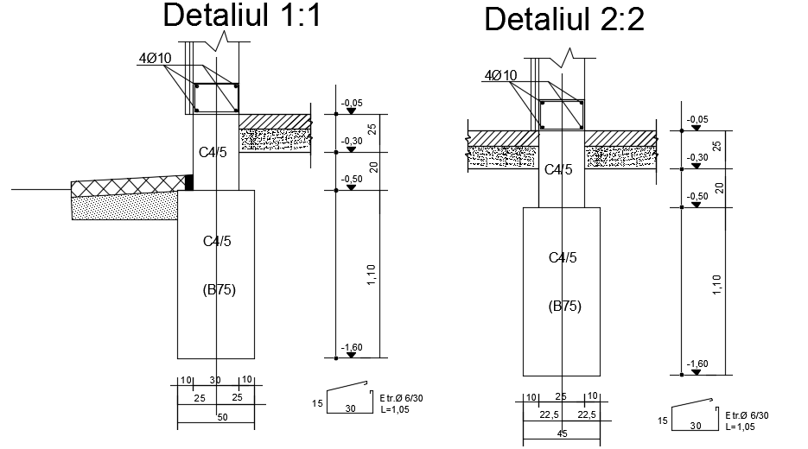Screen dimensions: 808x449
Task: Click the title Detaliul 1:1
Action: click(242, 15)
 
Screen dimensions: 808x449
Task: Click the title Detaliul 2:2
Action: click(564, 20)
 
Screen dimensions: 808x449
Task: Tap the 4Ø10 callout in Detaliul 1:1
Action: click(155, 58)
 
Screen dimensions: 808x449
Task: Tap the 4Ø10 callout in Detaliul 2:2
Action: click(500, 76)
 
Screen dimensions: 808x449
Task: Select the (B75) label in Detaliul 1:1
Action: click(219, 290)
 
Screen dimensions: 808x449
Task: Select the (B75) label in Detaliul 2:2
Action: click(565, 307)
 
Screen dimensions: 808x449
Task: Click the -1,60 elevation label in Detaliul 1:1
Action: click(352, 348)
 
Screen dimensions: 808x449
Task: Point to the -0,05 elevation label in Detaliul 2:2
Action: click(697, 119)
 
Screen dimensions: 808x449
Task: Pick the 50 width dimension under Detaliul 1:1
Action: click(222, 417)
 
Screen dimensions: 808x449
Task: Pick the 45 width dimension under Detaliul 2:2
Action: click(563, 433)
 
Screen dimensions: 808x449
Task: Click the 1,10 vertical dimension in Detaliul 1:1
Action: click(371, 275)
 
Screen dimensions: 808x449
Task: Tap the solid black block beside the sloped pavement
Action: click(189, 182)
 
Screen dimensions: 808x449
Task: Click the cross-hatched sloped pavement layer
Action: click(128, 187)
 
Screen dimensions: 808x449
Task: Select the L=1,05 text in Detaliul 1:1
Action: click(395, 410)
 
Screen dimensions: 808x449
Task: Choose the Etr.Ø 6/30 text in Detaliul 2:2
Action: click(747, 415)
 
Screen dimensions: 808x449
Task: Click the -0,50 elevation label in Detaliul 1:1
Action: click(352, 180)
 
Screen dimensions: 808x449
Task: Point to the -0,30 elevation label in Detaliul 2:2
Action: click(697, 157)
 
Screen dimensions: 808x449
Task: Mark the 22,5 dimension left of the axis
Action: click(549, 414)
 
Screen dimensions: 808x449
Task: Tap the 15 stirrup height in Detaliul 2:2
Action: click(663, 421)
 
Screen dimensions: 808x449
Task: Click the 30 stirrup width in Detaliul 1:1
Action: click(350, 408)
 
